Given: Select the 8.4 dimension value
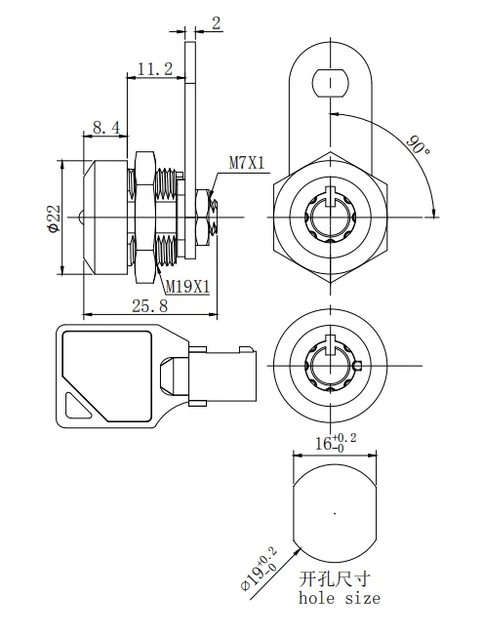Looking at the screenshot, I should [x=106, y=127].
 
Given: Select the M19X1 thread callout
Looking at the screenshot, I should [x=187, y=286].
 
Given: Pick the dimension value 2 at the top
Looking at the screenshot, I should [x=216, y=20].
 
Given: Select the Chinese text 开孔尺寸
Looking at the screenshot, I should [x=332, y=578].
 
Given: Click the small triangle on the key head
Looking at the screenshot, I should [x=76, y=404].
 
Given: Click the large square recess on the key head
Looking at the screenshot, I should [x=104, y=365].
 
